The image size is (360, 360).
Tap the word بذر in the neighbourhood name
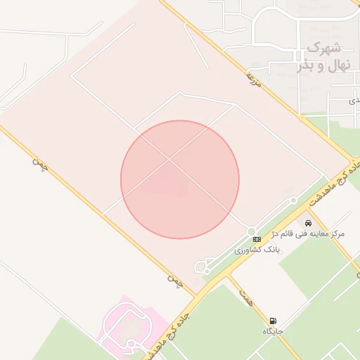304,66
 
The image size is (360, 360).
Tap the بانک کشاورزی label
257,250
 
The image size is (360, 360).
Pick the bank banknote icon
256,240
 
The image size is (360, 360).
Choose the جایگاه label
273,330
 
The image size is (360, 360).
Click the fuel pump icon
272,321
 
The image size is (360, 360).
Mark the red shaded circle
180,179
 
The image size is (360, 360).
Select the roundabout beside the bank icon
251,231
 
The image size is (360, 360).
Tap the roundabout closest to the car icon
293,201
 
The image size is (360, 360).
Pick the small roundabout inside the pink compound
131,343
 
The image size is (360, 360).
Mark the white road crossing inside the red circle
169,160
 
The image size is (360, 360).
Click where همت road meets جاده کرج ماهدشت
226,276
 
